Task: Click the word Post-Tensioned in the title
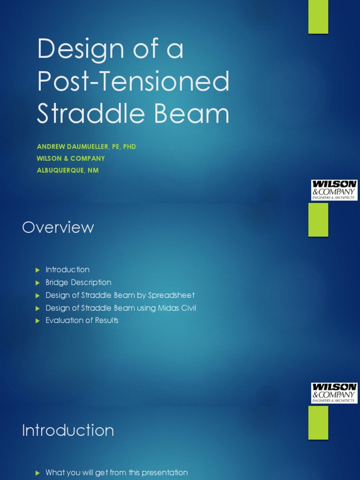[133, 82]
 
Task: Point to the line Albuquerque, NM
[68, 170]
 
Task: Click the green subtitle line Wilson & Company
[71, 158]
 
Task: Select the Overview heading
[58, 227]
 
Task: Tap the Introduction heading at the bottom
[68, 430]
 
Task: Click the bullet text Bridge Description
[78, 282]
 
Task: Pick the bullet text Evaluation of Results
[82, 320]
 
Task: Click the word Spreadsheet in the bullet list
[171, 295]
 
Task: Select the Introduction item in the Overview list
[67, 270]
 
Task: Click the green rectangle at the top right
[318, 17]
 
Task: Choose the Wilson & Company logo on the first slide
[334, 190]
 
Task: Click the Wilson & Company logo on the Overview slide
[334, 393]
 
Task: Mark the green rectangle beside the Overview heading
[318, 219]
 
